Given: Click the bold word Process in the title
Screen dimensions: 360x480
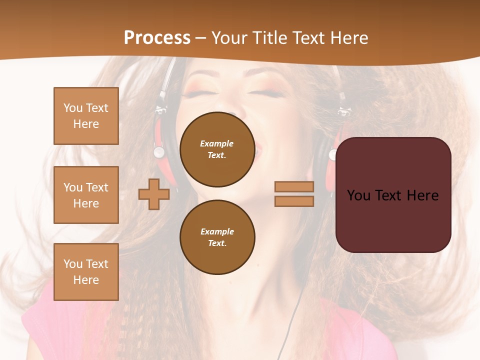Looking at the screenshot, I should pos(157,38).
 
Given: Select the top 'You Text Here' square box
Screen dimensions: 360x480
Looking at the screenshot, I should pos(86,116).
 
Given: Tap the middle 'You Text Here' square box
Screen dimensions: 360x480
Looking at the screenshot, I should pos(86,195).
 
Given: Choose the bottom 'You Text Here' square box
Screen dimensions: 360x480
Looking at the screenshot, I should pos(86,271).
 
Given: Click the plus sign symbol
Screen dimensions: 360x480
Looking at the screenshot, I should pos(153,194).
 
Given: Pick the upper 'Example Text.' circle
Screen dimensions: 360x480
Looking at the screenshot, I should pos(217,149).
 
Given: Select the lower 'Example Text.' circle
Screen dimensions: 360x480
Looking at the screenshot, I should pos(217,237).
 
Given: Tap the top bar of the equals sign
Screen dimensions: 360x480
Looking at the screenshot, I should pos(294,187).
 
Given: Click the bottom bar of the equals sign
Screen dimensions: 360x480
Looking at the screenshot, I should pos(294,201).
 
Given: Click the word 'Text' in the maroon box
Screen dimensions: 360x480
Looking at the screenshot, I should pos(393,195).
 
